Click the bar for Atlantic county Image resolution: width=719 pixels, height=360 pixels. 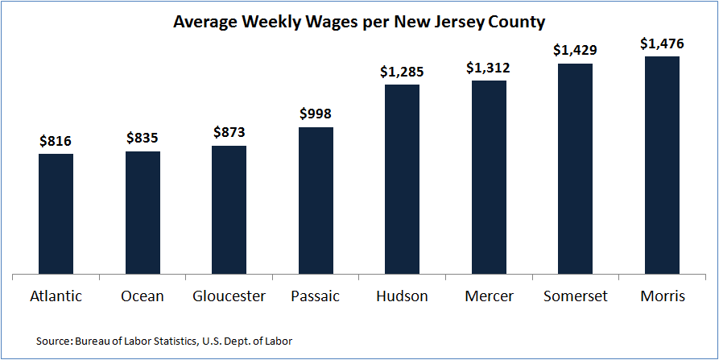pos(56,214)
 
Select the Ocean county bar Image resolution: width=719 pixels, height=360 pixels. pos(143,213)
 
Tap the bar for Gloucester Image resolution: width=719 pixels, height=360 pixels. pos(229,210)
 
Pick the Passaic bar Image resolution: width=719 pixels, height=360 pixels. pos(316,201)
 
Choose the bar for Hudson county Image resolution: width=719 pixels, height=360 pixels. pos(403,180)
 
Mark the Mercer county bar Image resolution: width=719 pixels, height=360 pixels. pos(489,177)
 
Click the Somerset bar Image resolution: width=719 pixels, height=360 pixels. pos(575,169)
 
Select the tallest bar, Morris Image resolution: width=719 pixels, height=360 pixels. pos(662,165)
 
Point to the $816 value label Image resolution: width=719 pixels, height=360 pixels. pos(56,141)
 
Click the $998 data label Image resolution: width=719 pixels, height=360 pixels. pos(316,114)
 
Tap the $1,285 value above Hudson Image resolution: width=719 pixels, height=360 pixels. pos(402,72)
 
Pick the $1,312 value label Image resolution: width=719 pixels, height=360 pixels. pos(489,68)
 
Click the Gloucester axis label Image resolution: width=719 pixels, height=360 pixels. pos(229,296)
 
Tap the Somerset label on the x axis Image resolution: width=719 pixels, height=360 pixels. pos(575,296)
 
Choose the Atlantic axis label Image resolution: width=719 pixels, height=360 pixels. pos(56,296)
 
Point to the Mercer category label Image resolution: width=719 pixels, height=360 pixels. pos(489,296)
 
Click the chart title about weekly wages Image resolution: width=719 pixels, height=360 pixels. pos(359,21)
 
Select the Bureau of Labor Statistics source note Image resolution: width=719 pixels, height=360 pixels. pos(164,341)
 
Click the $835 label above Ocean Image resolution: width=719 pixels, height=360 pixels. pos(143,139)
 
